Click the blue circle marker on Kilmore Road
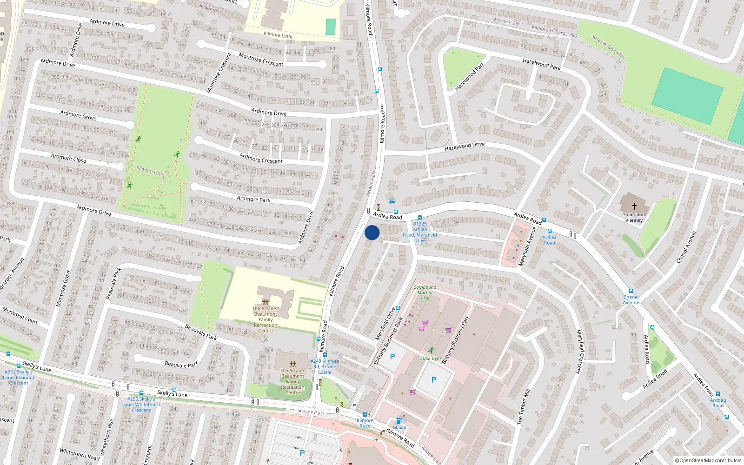[372, 232]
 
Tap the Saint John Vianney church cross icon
[634, 206]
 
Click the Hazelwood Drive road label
[464, 146]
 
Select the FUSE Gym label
[430, 358]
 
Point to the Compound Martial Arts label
[425, 292]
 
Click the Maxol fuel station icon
[399, 421]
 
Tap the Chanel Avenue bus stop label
[631, 299]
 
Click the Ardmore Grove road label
[78, 115]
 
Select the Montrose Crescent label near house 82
[261, 60]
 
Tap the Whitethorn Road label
[80, 454]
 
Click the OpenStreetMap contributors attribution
[708, 460]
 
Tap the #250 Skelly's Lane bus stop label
[141, 405]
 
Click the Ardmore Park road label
[253, 199]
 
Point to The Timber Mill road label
[523, 407]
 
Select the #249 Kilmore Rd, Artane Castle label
[325, 366]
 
